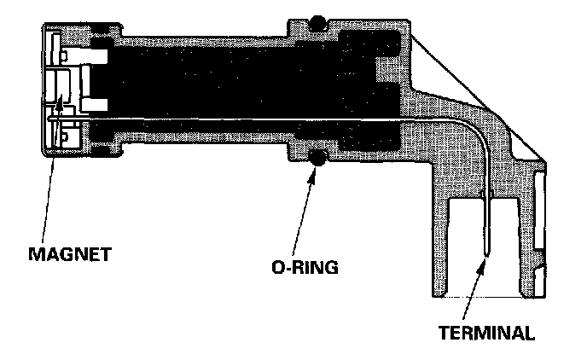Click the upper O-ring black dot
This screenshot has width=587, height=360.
(x=317, y=20)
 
